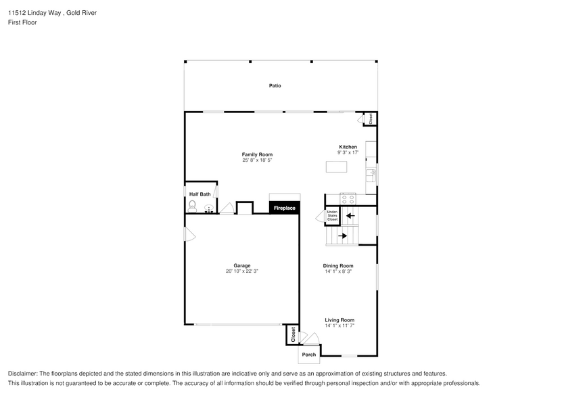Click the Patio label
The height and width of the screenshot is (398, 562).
[275, 86]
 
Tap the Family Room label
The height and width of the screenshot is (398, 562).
[257, 154]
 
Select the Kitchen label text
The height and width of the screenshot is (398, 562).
[348, 147]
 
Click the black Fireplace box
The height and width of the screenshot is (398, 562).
[284, 208]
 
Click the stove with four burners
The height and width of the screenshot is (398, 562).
[348, 199]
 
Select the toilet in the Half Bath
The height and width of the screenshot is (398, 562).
[192, 205]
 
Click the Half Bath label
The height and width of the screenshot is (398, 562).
[200, 194]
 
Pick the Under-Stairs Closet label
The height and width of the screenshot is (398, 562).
[332, 216]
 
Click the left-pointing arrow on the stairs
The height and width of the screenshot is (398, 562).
[350, 217]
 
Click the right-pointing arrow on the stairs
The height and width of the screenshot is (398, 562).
[342, 236]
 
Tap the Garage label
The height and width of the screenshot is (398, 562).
[242, 265]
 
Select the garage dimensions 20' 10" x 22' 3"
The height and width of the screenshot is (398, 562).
[242, 271]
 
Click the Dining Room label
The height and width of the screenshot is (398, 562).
[338, 265]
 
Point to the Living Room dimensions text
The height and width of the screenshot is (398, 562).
[339, 326]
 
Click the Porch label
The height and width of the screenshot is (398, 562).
[309, 355]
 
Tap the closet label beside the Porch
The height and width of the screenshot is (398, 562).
[293, 334]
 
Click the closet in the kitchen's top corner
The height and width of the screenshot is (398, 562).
[371, 118]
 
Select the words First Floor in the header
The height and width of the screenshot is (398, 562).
[22, 22]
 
